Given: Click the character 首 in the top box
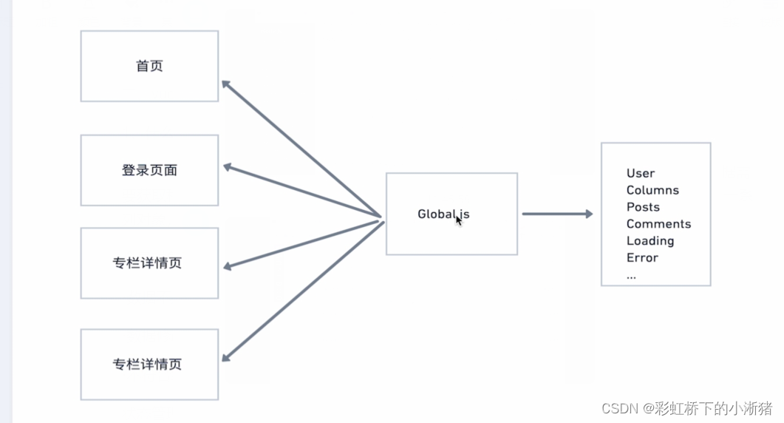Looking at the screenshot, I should (x=143, y=66).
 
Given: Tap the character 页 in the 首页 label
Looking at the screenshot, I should (x=156, y=66).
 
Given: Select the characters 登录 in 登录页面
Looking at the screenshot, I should (x=135, y=170).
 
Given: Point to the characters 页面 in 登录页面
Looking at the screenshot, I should (x=163, y=170).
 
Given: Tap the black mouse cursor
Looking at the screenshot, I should (x=459, y=220).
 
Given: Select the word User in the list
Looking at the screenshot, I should (x=641, y=173).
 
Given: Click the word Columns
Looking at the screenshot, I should (x=652, y=190).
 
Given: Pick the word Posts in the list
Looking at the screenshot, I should (x=643, y=207).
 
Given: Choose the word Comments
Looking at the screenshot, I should (x=658, y=224).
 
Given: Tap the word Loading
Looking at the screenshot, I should (x=650, y=241).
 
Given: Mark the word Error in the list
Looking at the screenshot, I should (x=642, y=258).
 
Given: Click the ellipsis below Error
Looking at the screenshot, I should (x=631, y=275).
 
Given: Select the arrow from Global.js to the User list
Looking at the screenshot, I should (x=557, y=214).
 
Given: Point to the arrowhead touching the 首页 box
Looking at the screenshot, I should (x=226, y=85).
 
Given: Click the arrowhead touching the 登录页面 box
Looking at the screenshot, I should (x=228, y=167).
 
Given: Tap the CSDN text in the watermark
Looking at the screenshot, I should (x=615, y=408).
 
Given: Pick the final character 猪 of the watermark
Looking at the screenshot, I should (x=767, y=408).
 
